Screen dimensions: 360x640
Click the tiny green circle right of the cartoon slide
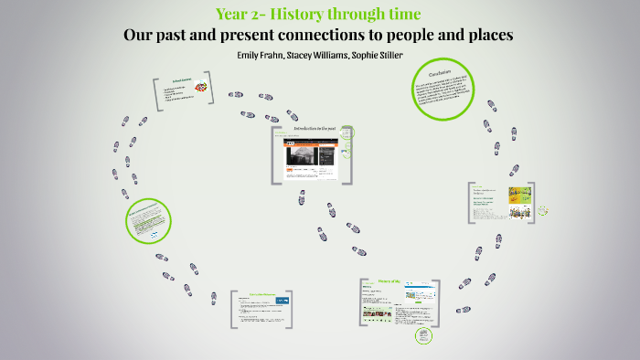point(543,211)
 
